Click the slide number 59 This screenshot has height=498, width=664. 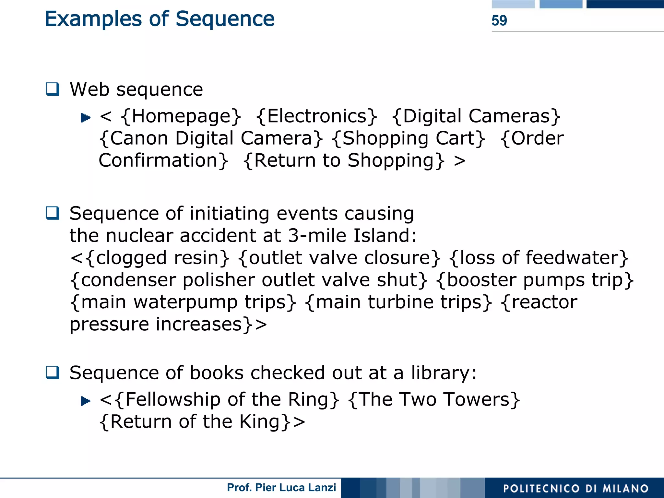click(x=499, y=20)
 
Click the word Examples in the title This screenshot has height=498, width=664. click(x=93, y=19)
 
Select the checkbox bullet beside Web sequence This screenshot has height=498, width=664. click(x=53, y=89)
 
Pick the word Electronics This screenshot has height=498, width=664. click(x=316, y=116)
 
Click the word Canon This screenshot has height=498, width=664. click(x=139, y=138)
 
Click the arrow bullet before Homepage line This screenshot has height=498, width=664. click(x=85, y=117)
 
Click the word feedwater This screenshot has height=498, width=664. click(x=572, y=258)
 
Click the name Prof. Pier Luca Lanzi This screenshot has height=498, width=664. click(x=281, y=488)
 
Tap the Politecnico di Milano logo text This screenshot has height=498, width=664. click(x=575, y=488)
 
